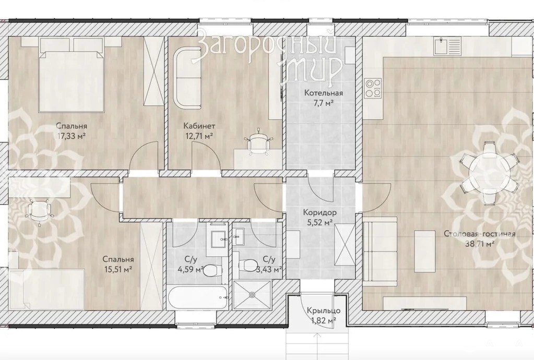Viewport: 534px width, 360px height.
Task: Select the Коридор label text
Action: coord(320,213)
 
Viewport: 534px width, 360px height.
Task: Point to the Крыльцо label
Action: coord(323,310)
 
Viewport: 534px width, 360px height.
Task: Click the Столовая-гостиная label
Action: coord(480,234)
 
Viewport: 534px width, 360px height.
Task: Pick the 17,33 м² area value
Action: coord(72,137)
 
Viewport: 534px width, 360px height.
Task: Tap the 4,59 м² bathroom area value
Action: coord(190,270)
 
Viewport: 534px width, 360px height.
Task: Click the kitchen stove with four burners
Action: coord(373,88)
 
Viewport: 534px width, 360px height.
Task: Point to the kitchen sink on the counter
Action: coord(447,46)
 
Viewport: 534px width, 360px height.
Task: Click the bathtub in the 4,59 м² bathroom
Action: coord(197,298)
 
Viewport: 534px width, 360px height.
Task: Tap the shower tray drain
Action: coord(252,295)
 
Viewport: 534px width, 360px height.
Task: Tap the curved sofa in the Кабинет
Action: coord(187,78)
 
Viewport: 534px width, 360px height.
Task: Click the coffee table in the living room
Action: coord(425,251)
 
